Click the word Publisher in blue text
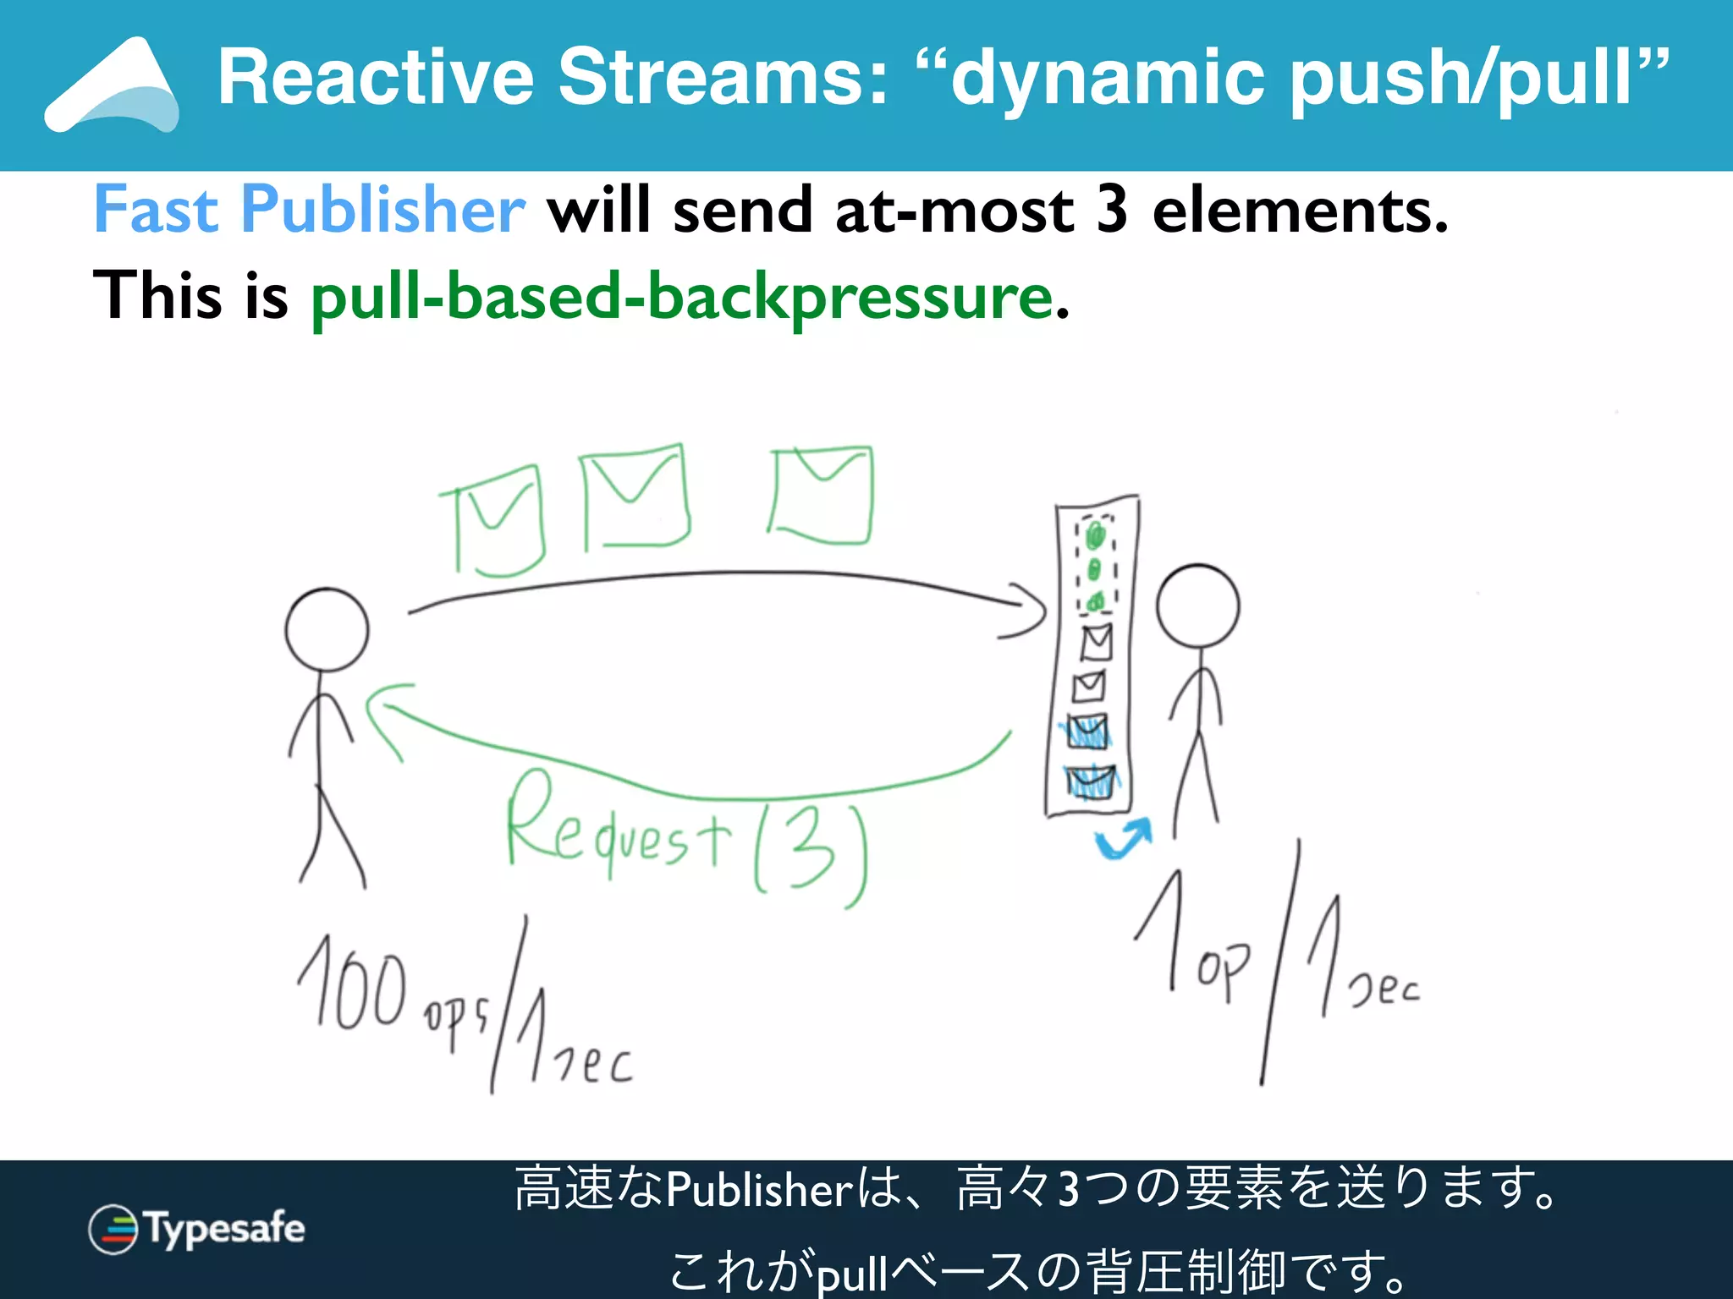[x=382, y=210]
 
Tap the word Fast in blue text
[x=156, y=210]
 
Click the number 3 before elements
[x=1112, y=210]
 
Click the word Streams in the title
[x=723, y=78]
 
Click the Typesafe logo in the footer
[x=196, y=1229]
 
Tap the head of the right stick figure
[x=1197, y=606]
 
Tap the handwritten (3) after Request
[x=811, y=854]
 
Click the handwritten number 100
[x=352, y=985]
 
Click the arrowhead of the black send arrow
[x=1028, y=611]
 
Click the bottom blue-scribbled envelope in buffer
[x=1090, y=782]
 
